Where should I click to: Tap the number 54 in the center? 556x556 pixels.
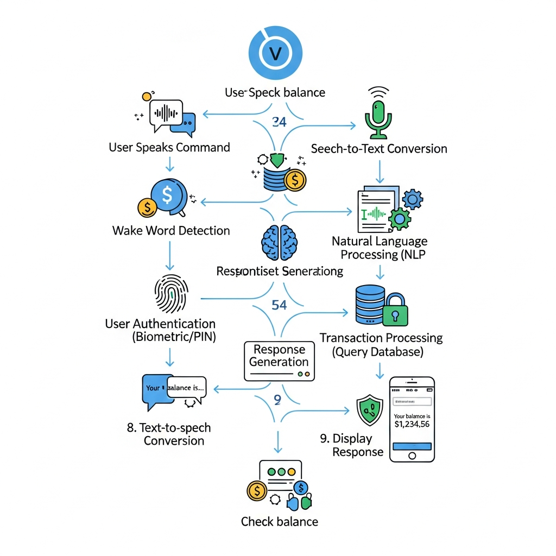tap(279, 305)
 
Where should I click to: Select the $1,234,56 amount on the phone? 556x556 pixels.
tap(412, 424)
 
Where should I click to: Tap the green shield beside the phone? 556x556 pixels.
tap(370, 410)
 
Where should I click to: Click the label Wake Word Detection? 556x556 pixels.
tap(171, 230)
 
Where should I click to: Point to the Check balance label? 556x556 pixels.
tap(279, 522)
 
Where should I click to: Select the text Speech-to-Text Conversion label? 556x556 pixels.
tap(379, 148)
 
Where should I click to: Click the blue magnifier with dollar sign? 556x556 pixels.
tap(168, 195)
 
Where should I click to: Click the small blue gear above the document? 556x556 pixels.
tap(412, 200)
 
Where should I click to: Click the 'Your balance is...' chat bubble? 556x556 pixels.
tap(185, 388)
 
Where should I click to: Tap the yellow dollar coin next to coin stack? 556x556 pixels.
tap(295, 180)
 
